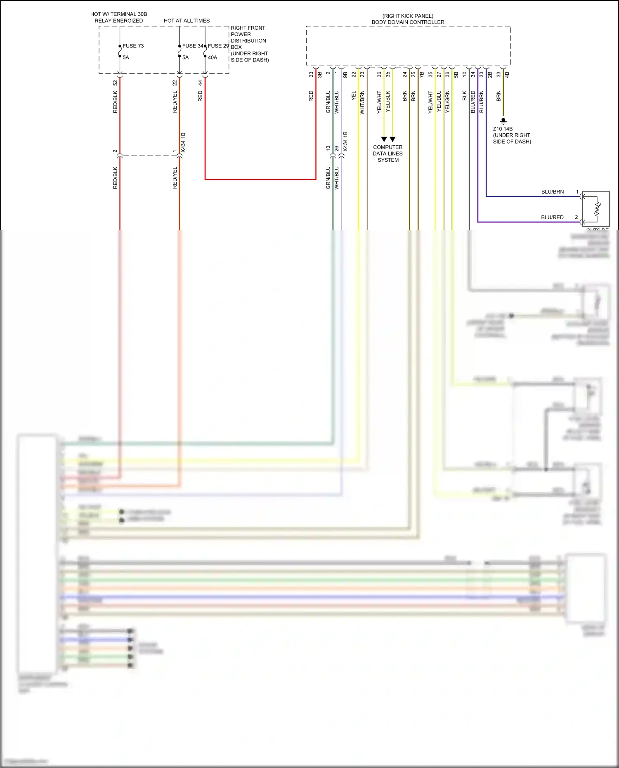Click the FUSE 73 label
point(133,46)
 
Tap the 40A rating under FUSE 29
point(212,57)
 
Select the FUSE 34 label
point(193,46)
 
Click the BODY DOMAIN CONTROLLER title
point(408,22)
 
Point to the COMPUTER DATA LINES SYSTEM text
point(388,154)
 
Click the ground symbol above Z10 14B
point(503,121)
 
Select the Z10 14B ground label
point(503,129)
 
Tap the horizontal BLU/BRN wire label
point(552,192)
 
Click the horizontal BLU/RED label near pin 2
point(552,217)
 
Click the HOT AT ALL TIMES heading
point(187,21)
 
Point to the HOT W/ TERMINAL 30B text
point(118,14)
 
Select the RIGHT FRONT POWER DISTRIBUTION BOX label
point(249,44)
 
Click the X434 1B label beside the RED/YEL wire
point(183,142)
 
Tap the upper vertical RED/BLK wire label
point(115,102)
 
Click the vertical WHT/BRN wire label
point(362,102)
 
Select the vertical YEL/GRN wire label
point(447,102)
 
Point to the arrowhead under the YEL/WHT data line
point(384,139)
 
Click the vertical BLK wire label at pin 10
point(464,96)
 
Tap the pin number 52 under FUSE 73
point(115,83)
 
